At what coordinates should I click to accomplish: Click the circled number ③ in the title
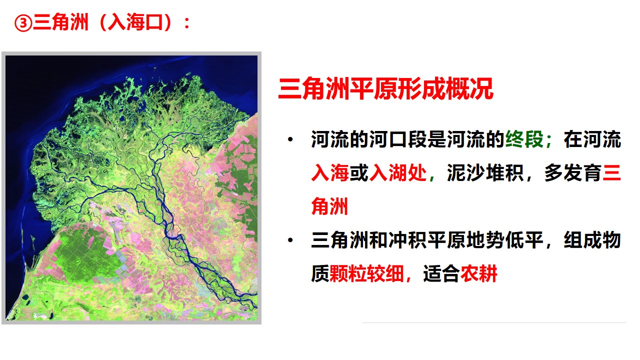(23, 23)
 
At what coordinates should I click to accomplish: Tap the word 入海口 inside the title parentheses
(135, 22)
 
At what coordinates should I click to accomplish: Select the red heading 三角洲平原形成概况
(385, 88)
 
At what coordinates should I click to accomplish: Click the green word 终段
(524, 139)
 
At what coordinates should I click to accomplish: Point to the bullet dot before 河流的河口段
(290, 139)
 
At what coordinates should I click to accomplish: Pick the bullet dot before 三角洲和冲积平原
(290, 240)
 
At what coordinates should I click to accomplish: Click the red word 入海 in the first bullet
(330, 173)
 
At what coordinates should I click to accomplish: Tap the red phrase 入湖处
(398, 173)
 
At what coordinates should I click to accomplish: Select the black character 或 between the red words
(359, 173)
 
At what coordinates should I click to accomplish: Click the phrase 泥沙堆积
(485, 173)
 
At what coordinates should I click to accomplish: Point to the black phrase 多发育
(573, 173)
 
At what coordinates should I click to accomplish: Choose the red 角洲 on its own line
(329, 206)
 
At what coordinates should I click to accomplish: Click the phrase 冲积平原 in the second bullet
(427, 240)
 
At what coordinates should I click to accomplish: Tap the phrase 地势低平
(504, 240)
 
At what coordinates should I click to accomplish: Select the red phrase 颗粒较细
(366, 273)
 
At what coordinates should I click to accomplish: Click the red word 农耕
(479, 273)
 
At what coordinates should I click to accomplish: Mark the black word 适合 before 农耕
(441, 273)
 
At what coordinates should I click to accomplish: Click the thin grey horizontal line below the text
(494, 323)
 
